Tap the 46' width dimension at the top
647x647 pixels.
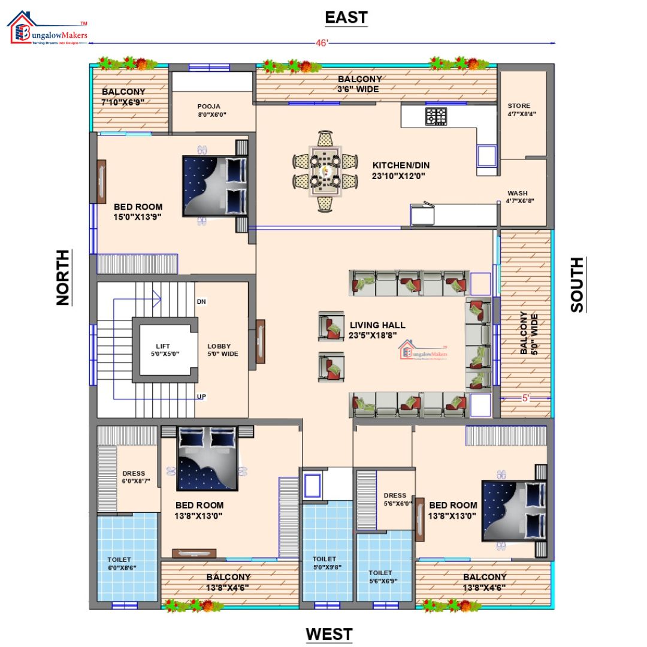coord(322,43)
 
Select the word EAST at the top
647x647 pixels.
coord(346,17)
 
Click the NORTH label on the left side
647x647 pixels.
coord(63,277)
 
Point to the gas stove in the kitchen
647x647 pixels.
coord(436,116)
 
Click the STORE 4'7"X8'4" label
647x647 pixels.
coord(519,110)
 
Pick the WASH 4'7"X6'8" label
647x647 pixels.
coord(519,197)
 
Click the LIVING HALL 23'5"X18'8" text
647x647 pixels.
coord(377,330)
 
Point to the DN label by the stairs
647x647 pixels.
coord(201,301)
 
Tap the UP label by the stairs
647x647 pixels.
coord(201,397)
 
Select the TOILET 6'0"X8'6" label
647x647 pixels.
coord(121,564)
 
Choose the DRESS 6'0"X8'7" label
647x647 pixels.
coord(134,477)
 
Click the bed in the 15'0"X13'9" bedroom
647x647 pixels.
coord(215,186)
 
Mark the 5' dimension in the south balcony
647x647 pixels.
coord(525,398)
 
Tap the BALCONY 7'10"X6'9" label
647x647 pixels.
coord(123,96)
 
